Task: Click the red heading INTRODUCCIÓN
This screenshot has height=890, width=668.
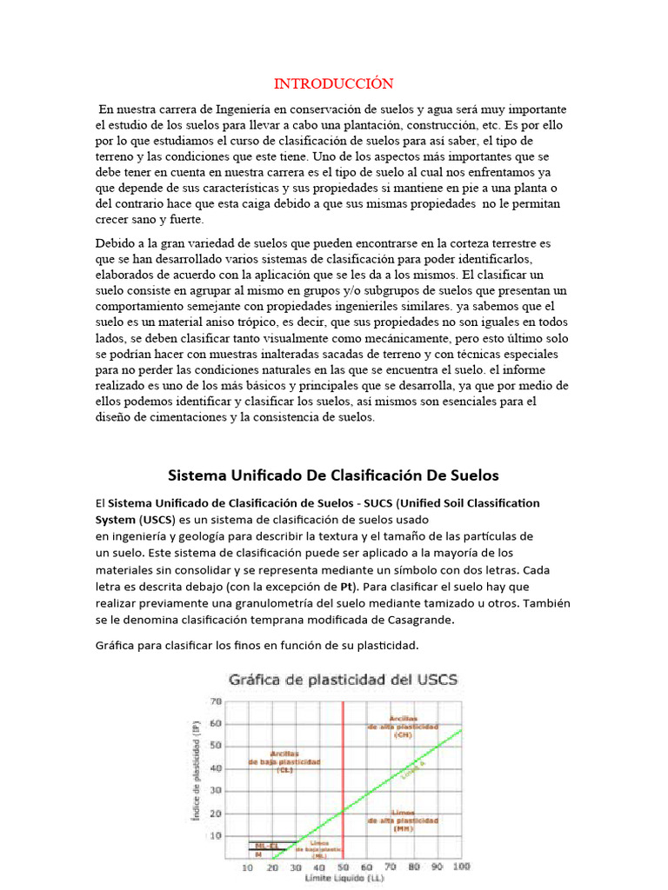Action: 333,83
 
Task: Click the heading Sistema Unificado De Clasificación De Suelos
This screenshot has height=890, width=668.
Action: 333,475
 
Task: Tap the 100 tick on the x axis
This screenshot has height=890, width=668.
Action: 462,867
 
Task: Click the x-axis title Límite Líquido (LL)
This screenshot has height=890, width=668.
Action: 344,880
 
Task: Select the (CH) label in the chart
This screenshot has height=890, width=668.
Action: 402,735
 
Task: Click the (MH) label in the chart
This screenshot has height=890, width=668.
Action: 402,828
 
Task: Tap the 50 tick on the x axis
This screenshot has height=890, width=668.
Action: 343,867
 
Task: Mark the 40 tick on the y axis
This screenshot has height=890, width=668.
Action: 215,767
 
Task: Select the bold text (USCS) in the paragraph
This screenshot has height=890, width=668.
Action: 155,520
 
